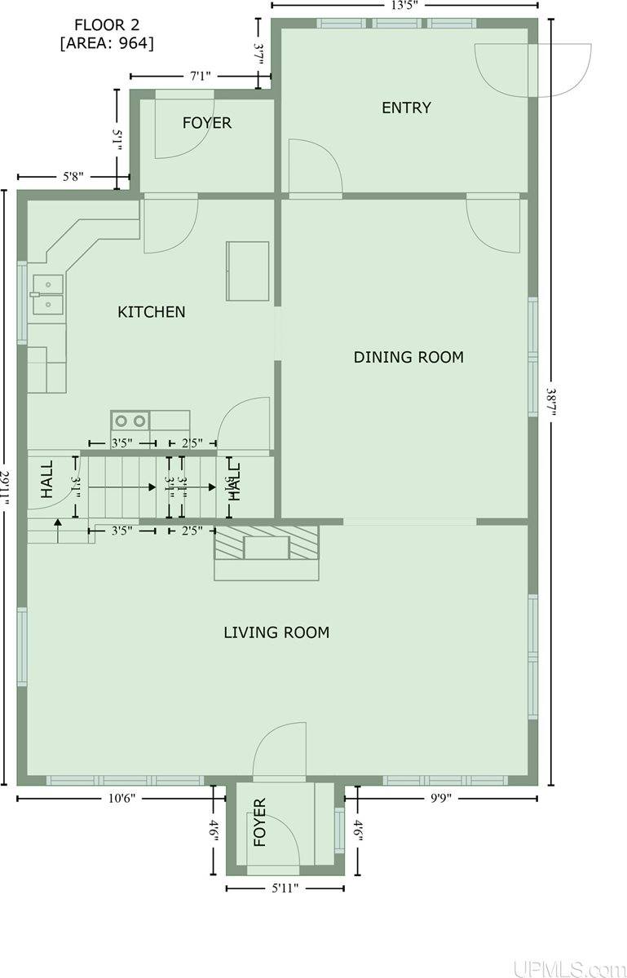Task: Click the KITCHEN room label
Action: pyautogui.click(x=151, y=311)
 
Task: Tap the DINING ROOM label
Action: pyautogui.click(x=408, y=357)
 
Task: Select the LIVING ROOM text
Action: pyautogui.click(x=276, y=632)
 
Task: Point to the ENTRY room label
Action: pyautogui.click(x=406, y=108)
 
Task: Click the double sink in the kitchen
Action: pyautogui.click(x=47, y=295)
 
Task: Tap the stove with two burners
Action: pyautogui.click(x=130, y=421)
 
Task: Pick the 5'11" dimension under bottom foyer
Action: pyautogui.click(x=285, y=888)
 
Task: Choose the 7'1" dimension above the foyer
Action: pyautogui.click(x=201, y=76)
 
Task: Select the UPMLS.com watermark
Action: pyautogui.click(x=566, y=968)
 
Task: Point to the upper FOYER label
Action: pyautogui.click(x=206, y=123)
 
